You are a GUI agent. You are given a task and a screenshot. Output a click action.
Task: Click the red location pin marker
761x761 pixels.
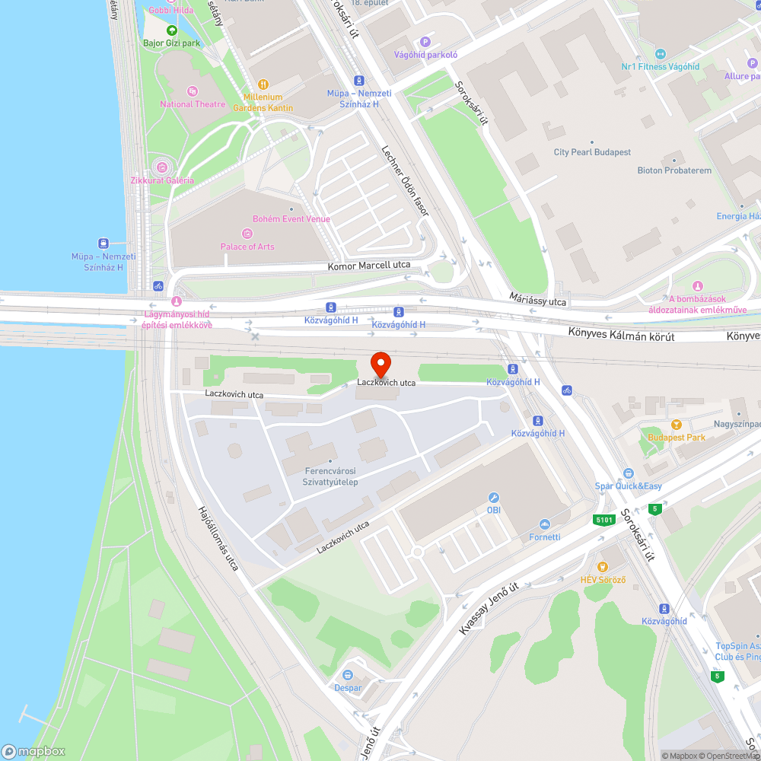380,363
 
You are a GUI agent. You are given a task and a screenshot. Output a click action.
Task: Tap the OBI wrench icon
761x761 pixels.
493,497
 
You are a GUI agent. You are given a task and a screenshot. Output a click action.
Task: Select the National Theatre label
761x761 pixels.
193,104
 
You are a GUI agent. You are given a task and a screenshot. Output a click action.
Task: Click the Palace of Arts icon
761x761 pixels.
247,234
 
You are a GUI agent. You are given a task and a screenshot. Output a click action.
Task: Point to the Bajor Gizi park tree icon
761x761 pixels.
172,30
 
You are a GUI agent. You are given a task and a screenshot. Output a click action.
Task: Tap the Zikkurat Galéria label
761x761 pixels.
161,180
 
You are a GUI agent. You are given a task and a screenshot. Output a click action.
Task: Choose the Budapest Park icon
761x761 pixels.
676,425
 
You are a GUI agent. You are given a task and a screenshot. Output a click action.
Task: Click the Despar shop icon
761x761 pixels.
348,675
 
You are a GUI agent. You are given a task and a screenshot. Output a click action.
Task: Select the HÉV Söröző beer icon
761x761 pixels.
603,566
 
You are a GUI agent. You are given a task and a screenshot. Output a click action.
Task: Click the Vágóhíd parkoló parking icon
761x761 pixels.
425,42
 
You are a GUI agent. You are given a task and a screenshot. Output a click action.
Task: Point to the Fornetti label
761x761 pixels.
545,537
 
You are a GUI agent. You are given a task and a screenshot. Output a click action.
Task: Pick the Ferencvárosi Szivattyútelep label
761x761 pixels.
330,476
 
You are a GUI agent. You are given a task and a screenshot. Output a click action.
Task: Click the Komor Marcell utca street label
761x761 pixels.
369,266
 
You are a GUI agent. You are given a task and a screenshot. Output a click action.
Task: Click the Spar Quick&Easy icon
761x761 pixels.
628,473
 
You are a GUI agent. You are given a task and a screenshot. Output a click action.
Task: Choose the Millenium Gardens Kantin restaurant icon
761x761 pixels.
263,84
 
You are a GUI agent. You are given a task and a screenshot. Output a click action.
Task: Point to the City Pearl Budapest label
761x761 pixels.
592,152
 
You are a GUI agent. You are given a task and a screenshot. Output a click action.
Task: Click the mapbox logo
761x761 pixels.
33,751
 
